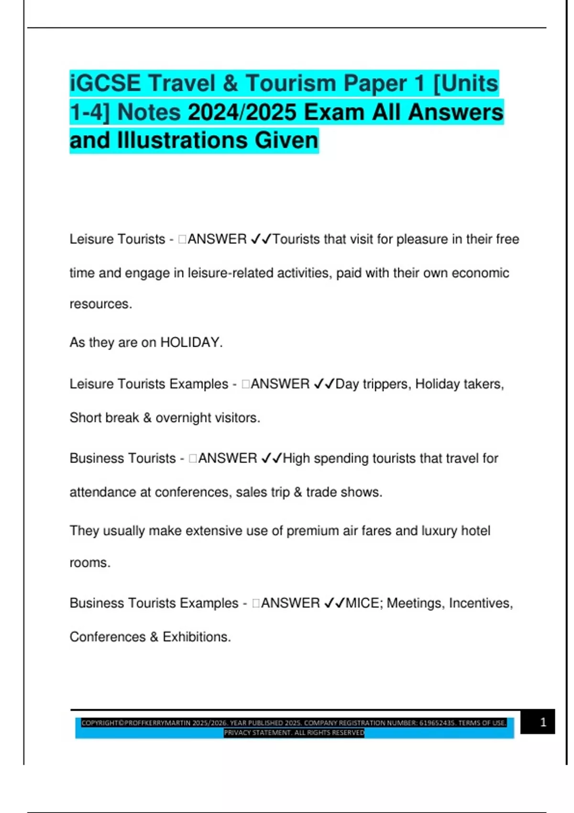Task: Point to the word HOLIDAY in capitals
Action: [x=190, y=342]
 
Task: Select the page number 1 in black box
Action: [x=543, y=722]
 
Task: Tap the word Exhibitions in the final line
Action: [x=197, y=637]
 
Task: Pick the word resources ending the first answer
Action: [x=100, y=304]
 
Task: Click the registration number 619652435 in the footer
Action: [x=437, y=723]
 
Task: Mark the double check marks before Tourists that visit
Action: [x=261, y=239]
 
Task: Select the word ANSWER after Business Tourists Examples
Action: [x=290, y=603]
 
